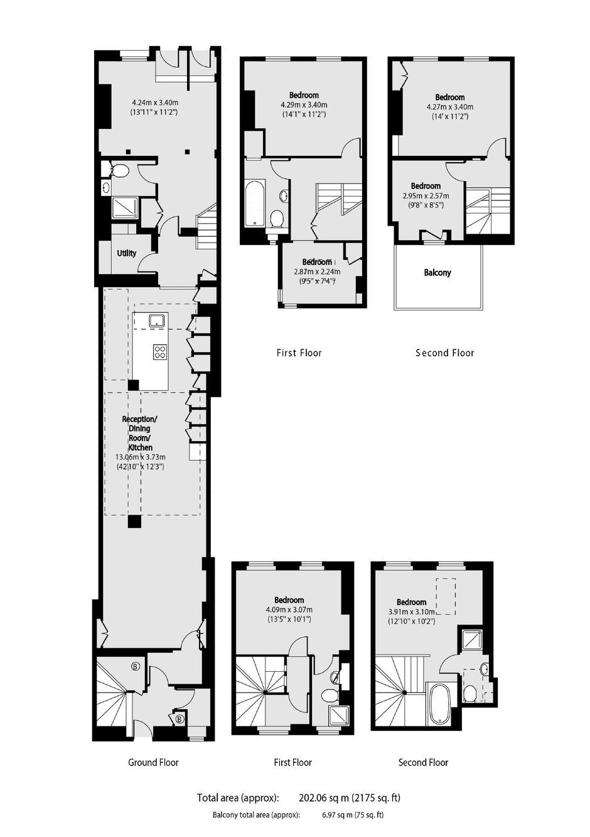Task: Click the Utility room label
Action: [x=127, y=253]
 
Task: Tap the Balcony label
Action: [x=437, y=272]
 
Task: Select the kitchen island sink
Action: [x=157, y=320]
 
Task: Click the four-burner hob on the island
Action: [x=159, y=352]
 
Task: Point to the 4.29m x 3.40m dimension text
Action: [x=304, y=105]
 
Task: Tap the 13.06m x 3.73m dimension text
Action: [x=141, y=457]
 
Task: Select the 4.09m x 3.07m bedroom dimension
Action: [x=289, y=610]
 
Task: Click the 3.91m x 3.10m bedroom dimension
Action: [x=411, y=611]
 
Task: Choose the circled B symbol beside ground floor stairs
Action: [x=135, y=666]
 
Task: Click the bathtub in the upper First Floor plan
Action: [x=255, y=203]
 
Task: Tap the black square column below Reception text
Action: [x=134, y=521]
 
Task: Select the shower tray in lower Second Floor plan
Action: [x=471, y=639]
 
